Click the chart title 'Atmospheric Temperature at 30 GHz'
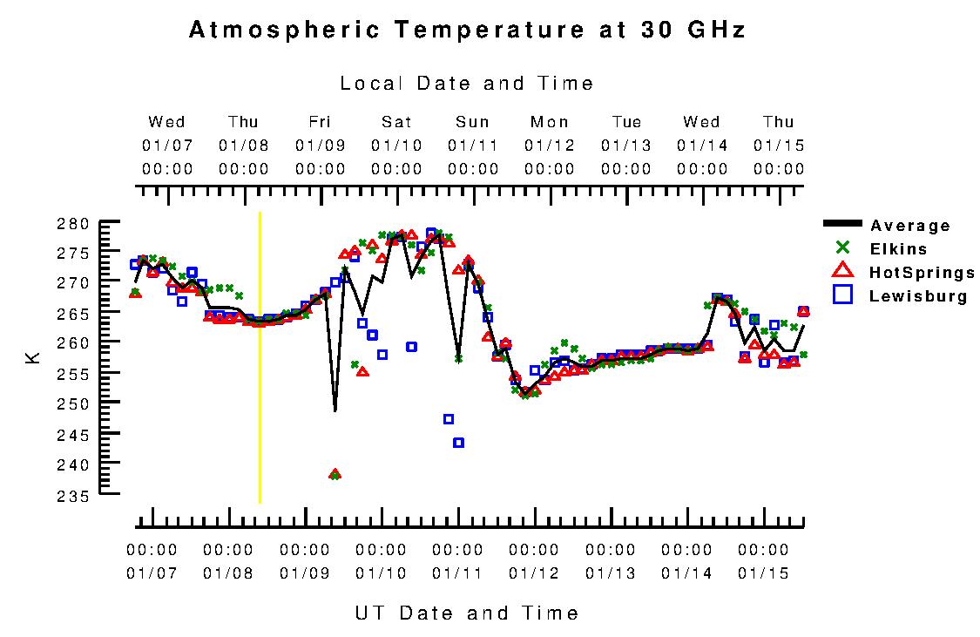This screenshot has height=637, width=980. point(467,30)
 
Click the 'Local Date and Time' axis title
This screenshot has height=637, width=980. point(467,84)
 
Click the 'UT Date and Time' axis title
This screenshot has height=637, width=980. point(467,613)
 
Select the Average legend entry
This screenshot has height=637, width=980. point(910,226)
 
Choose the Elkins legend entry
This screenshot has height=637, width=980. point(898,249)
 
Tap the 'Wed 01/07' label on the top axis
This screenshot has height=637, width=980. point(167,145)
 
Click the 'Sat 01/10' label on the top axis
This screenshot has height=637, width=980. point(396,145)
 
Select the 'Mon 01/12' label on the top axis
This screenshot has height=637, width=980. point(550,145)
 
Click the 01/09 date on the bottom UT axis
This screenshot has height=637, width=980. point(305,573)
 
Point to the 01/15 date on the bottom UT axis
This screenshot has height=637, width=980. point(763,573)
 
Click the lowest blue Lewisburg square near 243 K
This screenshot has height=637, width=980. point(458,443)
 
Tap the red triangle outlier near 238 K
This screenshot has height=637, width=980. point(335,474)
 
